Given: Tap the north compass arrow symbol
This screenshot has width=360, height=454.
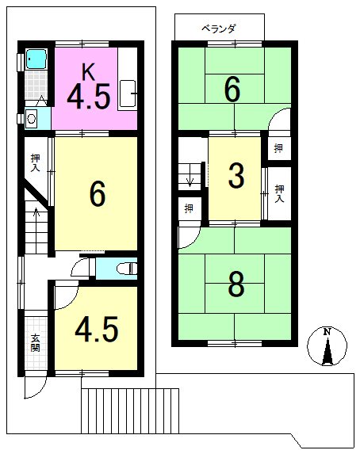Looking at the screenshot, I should click(327, 346).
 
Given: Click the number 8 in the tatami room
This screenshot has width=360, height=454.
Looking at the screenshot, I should click(236, 285).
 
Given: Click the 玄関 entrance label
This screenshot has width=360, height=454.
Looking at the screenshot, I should click(35, 344).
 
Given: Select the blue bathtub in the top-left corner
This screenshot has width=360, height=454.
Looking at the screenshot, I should click(36, 59).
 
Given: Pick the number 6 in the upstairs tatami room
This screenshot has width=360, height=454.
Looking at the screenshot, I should click(232, 90).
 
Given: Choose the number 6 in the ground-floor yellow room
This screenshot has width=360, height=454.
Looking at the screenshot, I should click(97, 194).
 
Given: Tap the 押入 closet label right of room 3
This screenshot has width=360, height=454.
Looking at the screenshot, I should click(279, 193).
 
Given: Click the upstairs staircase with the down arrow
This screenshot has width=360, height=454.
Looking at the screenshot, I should click(190, 174).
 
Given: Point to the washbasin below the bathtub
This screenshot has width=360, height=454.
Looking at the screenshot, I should click(33, 118).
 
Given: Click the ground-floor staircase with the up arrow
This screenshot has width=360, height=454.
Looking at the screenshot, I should click(36, 226).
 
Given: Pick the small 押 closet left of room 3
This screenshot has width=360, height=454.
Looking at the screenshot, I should click(188, 209).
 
